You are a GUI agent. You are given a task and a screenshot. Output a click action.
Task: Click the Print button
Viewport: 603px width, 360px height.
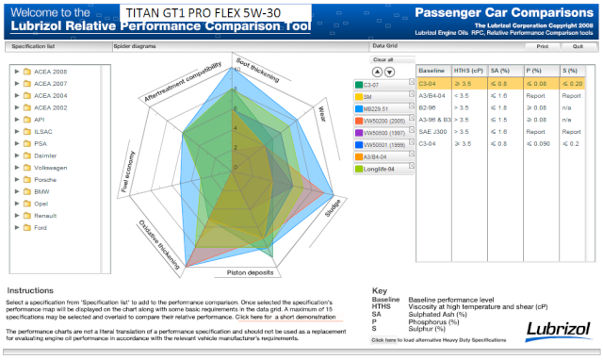click(x=542, y=45)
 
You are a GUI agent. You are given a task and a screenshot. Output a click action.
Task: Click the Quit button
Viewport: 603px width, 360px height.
click(x=578, y=45)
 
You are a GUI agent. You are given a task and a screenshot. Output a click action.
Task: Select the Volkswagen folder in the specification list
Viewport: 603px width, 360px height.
click(x=54, y=166)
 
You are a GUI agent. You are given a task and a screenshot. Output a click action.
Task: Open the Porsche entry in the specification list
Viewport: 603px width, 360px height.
click(x=47, y=178)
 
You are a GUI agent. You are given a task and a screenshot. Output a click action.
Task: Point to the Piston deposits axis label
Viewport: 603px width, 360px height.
click(x=249, y=272)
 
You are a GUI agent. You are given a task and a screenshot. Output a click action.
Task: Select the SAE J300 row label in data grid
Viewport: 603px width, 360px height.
click(x=432, y=132)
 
